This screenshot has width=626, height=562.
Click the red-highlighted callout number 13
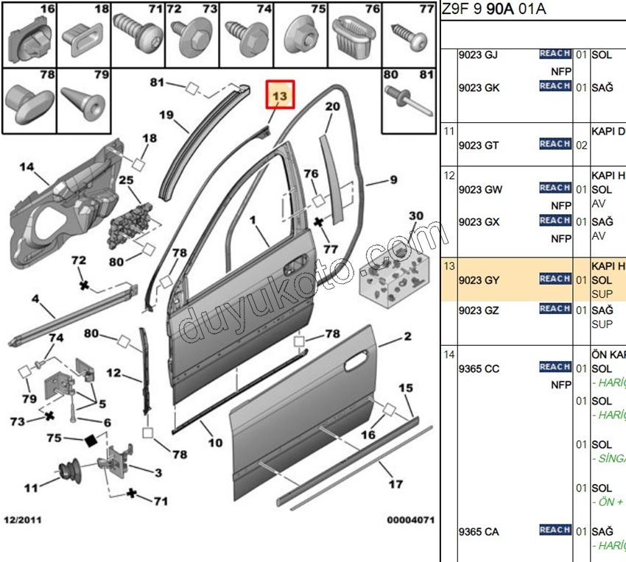pyautogui.click(x=280, y=96)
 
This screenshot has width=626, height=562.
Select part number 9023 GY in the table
pyautogui.click(x=479, y=280)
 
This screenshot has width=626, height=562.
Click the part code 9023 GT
pyautogui.click(x=479, y=145)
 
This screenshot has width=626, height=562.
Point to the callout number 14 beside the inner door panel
pyautogui.click(x=26, y=167)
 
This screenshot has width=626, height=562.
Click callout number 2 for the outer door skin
pyautogui.click(x=407, y=338)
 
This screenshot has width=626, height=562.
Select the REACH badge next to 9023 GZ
pyautogui.click(x=555, y=309)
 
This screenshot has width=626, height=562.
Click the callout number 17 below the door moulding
pyautogui.click(x=395, y=483)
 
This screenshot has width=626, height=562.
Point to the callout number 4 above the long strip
pyautogui.click(x=34, y=299)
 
